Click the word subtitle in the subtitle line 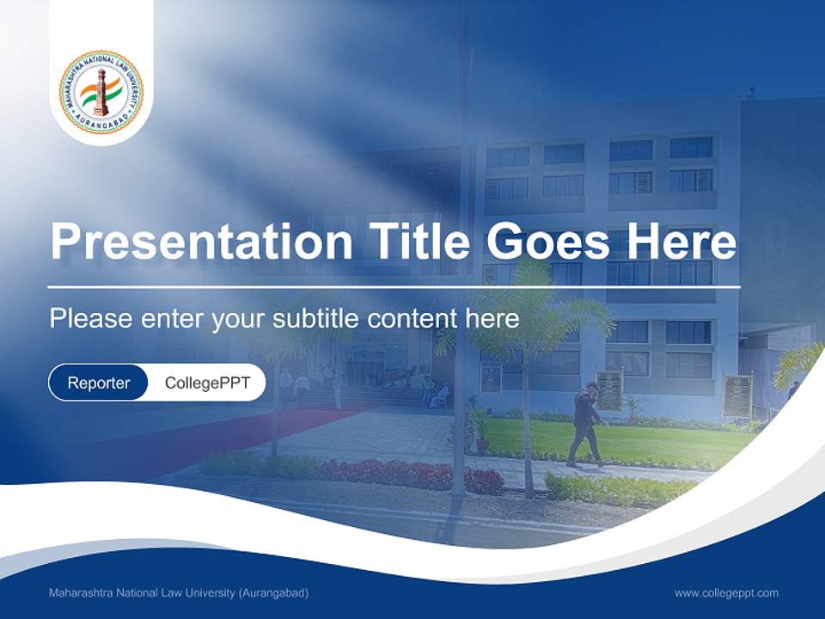click(x=315, y=319)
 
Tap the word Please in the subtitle click(x=89, y=319)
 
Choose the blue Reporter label click(x=99, y=383)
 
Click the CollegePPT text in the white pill click(x=207, y=383)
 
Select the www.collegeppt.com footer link click(x=726, y=593)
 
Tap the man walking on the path click(x=587, y=424)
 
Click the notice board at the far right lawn click(x=736, y=395)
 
